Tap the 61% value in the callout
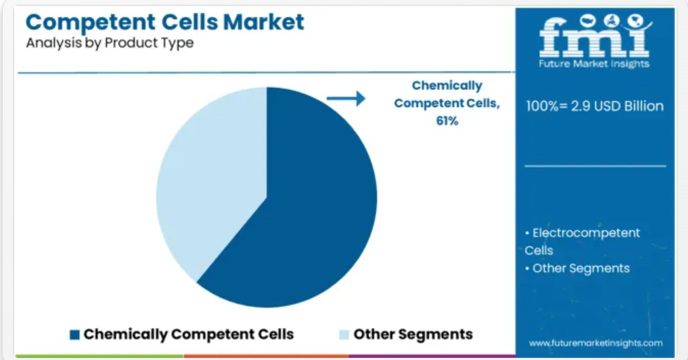447,121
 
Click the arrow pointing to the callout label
346,98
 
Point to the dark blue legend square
74,335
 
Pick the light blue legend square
344,335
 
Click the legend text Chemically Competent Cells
189,334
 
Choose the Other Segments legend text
413,334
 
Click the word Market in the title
263,22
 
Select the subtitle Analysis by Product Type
110,43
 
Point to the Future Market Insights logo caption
594,64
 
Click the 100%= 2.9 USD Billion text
595,106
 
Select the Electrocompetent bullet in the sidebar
582,241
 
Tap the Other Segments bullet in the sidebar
578,269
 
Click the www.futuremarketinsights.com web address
596,343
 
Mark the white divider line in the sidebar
595,166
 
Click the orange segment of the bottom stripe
267,356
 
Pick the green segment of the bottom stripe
100,356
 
